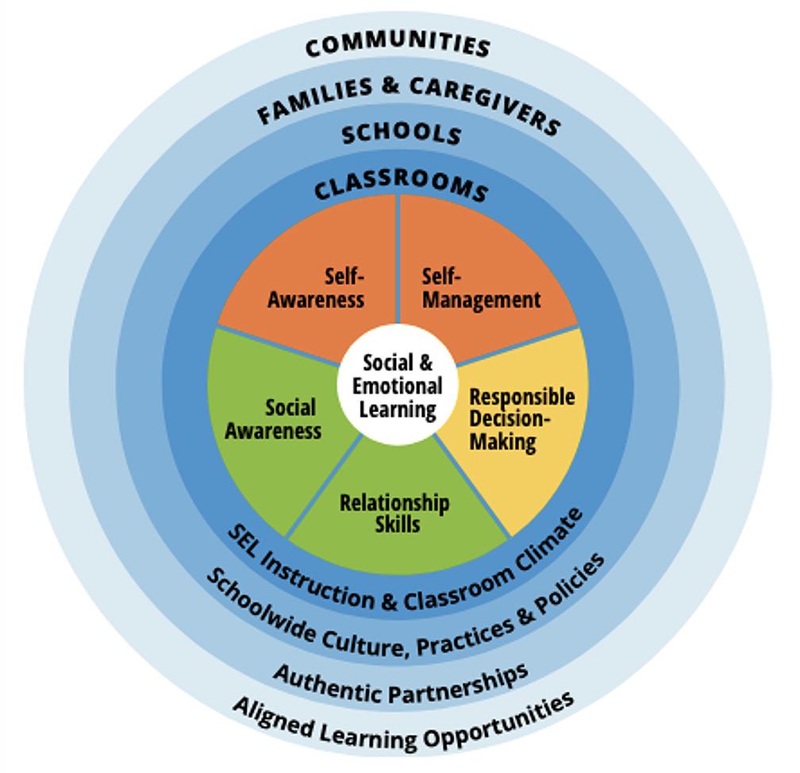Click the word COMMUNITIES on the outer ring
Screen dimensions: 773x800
398,44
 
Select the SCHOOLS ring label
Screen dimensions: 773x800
402,133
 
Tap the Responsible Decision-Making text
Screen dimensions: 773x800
521,418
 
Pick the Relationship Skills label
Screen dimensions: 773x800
394,513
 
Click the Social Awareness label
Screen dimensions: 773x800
274,419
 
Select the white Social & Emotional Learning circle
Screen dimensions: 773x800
398,386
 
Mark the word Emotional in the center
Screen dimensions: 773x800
398,386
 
